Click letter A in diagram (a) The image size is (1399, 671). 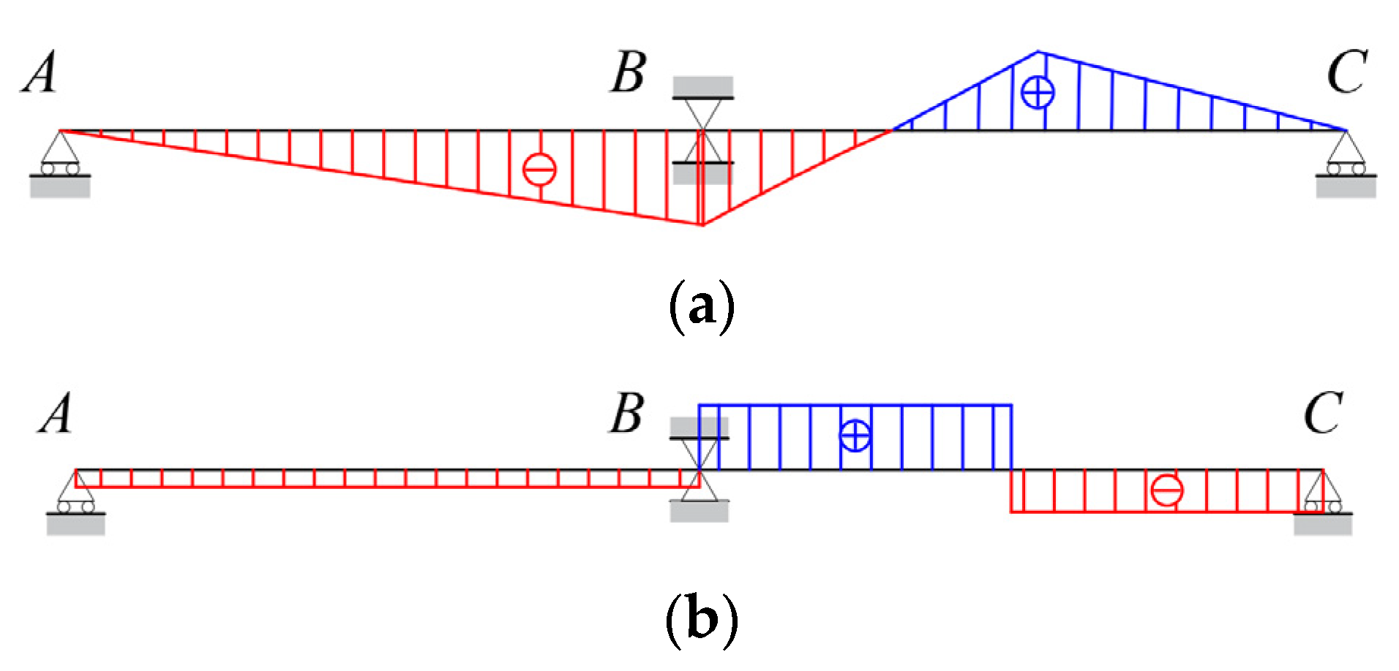(x=40, y=74)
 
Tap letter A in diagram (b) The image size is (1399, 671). (x=56, y=414)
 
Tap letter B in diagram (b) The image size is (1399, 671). (x=627, y=414)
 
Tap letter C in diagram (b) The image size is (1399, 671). (x=1323, y=414)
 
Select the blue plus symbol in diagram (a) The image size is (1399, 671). (x=1038, y=93)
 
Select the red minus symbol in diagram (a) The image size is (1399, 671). (x=539, y=170)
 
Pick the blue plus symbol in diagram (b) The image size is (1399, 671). (x=855, y=436)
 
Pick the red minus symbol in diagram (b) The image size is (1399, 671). (x=1166, y=490)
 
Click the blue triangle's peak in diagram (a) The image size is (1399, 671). (x=1038, y=52)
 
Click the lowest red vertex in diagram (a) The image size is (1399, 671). (x=702, y=224)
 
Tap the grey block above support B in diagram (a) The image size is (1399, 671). (x=703, y=86)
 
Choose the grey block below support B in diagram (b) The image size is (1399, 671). (x=699, y=511)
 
